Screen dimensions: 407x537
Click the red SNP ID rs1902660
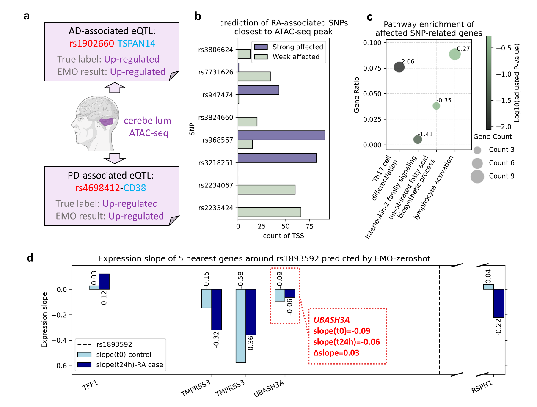pos(91,44)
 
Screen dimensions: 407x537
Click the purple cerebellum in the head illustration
pos(106,122)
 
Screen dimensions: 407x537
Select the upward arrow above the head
pos(115,88)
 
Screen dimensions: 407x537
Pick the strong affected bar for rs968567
pos(281,135)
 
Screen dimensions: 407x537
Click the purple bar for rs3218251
pos(277,158)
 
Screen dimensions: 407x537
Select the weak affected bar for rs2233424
pos(269,212)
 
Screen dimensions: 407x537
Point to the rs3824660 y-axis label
pos(215,118)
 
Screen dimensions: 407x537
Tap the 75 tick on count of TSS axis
pos(309,226)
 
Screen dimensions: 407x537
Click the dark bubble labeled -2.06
pos(399,67)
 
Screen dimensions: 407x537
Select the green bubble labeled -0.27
pos(455,54)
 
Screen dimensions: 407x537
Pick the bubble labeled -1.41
pos(418,140)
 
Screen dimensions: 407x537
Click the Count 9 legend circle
pos(477,176)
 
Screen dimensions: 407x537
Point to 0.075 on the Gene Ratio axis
pos(372,68)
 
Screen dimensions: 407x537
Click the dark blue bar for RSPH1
pos(498,303)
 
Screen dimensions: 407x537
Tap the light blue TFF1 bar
pos(94,288)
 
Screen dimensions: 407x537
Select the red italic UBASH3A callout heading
pos(331,320)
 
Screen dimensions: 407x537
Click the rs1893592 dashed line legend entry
pos(114,345)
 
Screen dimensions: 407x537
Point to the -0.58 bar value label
pos(241,279)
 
